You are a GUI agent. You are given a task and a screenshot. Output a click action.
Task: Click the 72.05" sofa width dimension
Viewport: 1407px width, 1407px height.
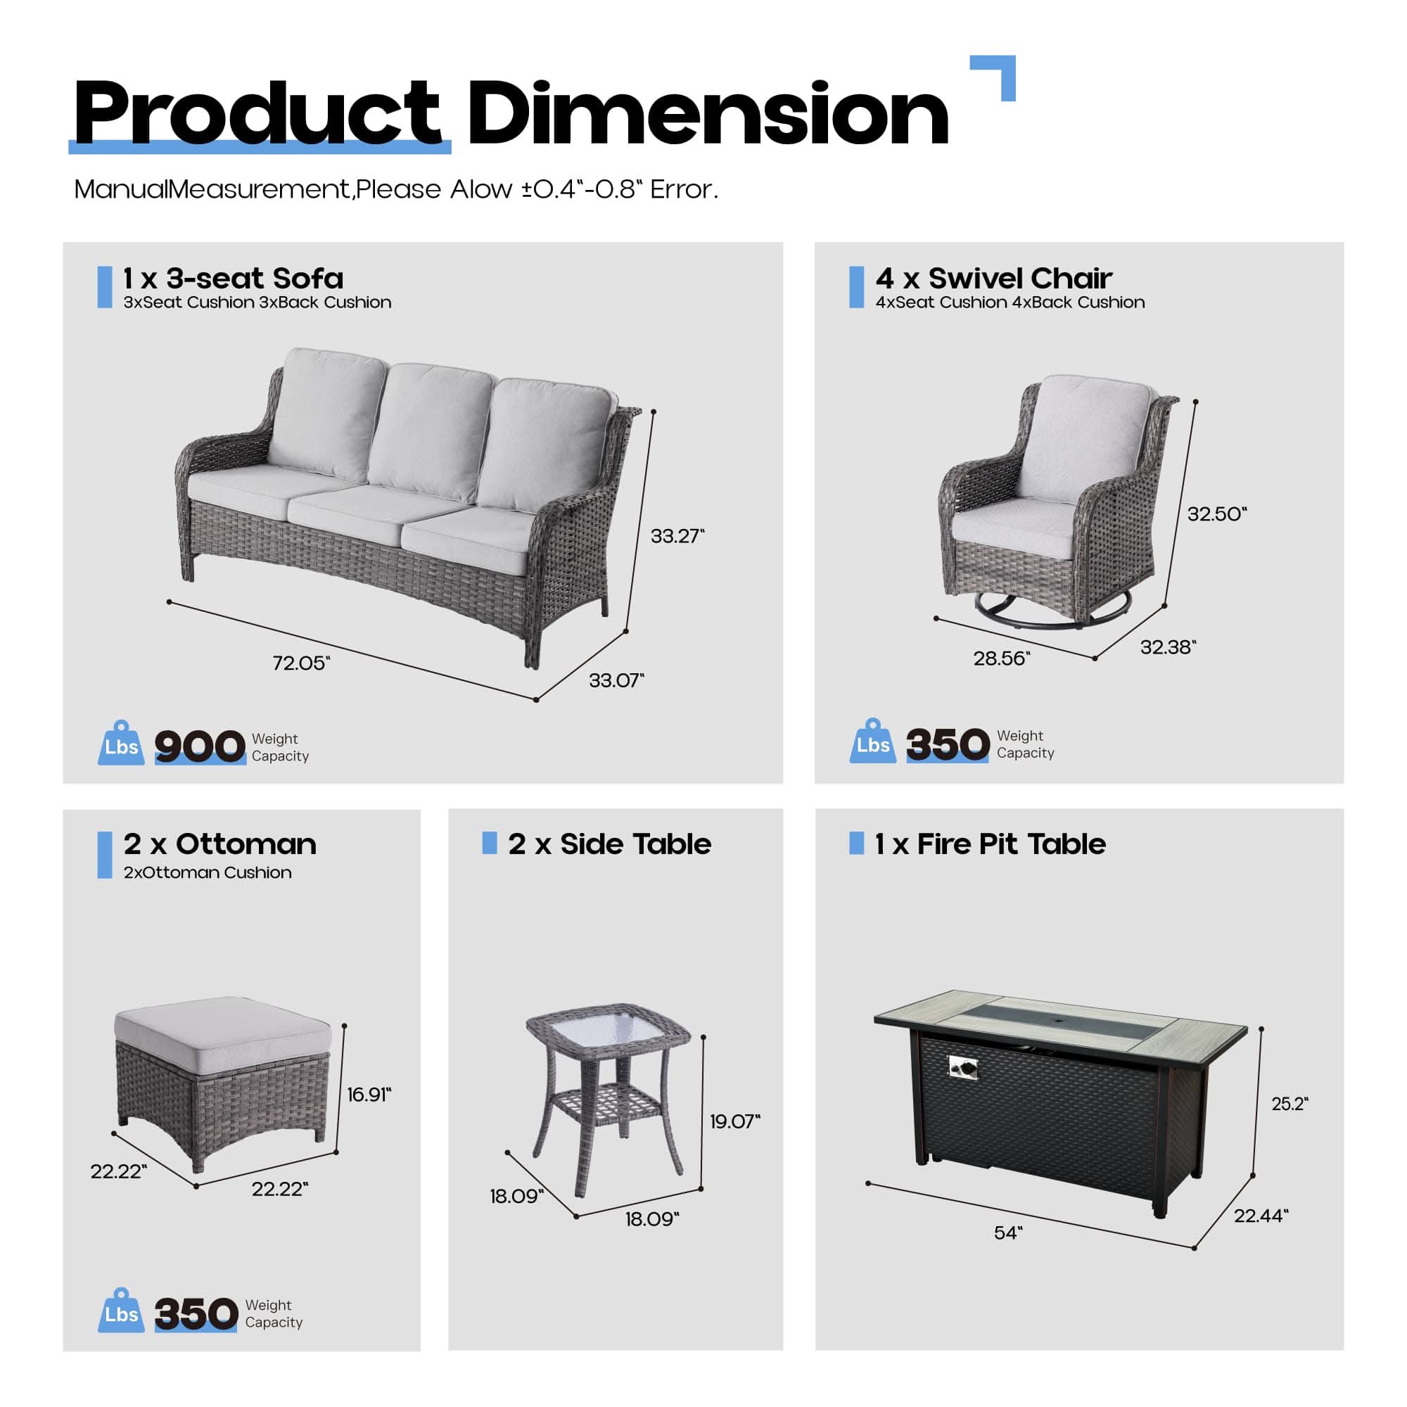coord(301,663)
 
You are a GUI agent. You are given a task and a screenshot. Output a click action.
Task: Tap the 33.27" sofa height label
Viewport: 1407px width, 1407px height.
coord(677,536)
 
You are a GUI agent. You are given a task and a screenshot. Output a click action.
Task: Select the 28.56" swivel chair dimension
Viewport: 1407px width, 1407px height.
coord(1001,658)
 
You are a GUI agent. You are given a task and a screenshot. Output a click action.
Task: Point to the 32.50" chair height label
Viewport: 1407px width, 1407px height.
coord(1217,514)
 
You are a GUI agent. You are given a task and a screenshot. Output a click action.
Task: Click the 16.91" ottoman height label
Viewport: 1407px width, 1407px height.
coord(369,1095)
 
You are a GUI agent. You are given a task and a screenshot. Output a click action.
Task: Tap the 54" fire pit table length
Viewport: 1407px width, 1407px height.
coord(1008,1233)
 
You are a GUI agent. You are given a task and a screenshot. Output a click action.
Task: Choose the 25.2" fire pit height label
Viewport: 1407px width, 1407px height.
coord(1290,1104)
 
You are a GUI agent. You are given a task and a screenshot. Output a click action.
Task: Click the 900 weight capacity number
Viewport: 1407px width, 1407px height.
coord(200,746)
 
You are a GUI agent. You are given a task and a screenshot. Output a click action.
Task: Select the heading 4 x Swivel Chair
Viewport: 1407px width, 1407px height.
coord(994,278)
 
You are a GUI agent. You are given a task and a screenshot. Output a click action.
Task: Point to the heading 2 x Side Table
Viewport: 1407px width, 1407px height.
coord(609,844)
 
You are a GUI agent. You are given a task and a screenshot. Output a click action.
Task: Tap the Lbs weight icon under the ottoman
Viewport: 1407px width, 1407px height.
coord(121,1311)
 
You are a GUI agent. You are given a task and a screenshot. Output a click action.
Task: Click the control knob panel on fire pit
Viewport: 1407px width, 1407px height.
coord(964,1069)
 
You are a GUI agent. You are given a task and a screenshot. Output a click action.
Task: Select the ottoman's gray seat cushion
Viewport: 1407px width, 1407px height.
coord(222,1028)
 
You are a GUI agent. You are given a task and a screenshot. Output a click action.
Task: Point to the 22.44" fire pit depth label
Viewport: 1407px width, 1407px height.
coord(1261,1216)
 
